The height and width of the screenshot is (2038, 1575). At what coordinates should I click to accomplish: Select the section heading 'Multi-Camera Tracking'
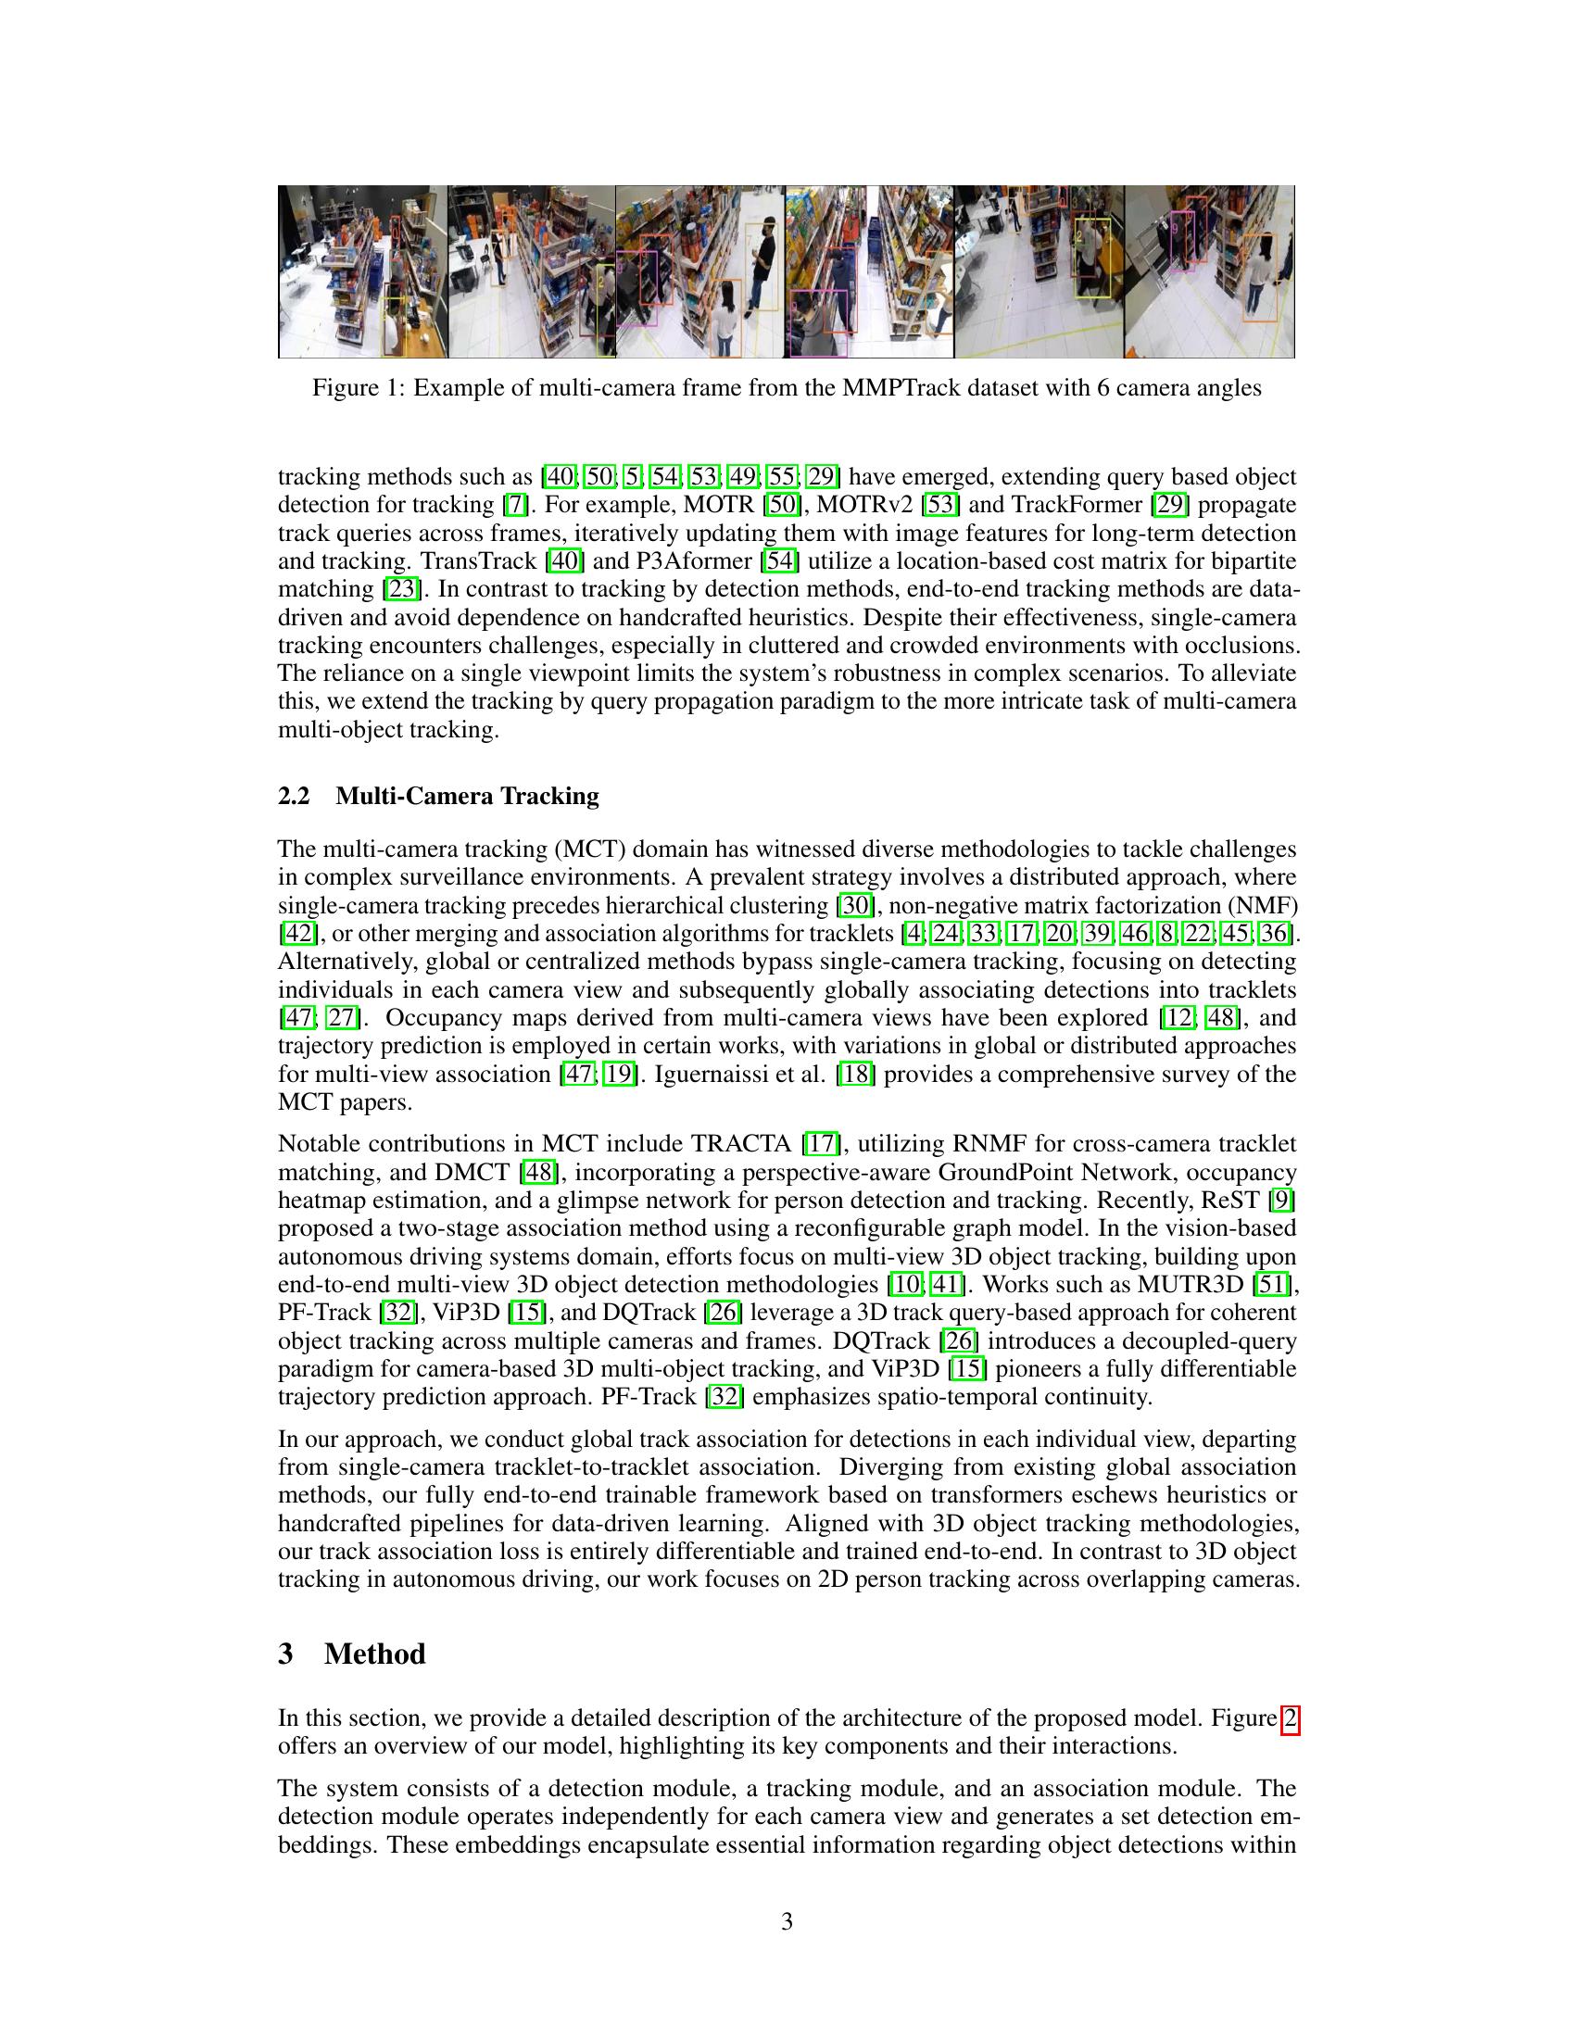click(467, 796)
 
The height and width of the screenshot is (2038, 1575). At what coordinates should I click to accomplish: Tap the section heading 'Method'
click(374, 1654)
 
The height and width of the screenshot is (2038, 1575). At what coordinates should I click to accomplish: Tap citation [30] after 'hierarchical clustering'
click(855, 905)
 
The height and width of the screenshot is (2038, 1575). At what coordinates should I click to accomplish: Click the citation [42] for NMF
click(297, 933)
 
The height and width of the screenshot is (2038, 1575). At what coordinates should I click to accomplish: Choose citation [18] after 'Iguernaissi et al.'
click(856, 1074)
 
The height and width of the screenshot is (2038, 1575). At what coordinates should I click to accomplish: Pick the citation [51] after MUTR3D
click(1274, 1285)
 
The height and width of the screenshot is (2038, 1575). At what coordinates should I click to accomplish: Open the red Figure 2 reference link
click(1291, 1718)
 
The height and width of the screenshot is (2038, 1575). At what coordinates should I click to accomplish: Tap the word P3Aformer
click(695, 560)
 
